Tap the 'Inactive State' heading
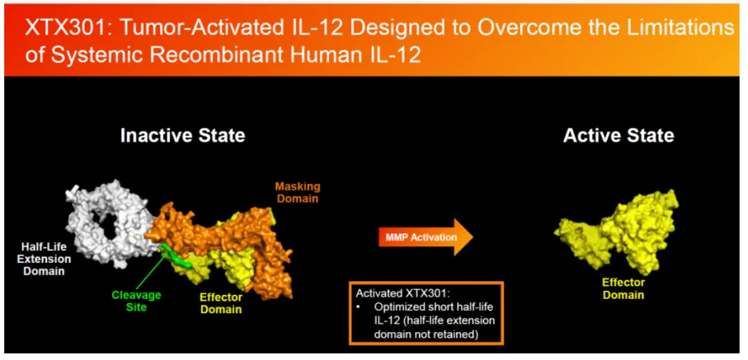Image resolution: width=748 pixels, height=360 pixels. [183, 136]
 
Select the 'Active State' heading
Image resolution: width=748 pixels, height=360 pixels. [618, 136]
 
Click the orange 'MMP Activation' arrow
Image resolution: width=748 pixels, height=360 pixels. [425, 237]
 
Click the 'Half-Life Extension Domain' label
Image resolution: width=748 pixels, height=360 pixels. [46, 259]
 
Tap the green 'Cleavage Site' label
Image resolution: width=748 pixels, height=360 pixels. [136, 301]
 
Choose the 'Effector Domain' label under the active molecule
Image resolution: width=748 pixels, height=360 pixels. [623, 289]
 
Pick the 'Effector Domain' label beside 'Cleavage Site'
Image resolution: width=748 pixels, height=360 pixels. [221, 303]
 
